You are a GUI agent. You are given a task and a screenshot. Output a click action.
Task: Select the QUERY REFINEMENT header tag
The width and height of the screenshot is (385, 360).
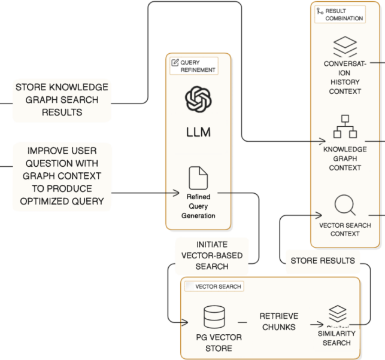tap(193, 65)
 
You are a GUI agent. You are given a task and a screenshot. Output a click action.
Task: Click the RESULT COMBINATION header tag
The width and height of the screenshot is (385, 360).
tap(339, 14)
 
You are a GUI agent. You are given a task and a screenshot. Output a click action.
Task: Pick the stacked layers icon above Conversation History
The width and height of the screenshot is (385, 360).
tap(344, 45)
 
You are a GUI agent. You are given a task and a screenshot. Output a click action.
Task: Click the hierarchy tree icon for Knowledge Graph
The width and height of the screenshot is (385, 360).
tap(344, 126)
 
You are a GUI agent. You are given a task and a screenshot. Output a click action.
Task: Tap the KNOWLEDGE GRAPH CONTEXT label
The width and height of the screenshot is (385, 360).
tap(344, 158)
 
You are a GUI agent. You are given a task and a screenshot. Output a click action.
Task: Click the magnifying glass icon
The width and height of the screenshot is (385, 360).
tap(344, 205)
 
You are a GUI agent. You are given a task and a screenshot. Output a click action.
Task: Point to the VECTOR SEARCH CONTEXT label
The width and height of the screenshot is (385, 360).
tap(344, 230)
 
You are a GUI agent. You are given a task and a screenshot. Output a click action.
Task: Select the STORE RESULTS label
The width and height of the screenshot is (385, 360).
tap(322, 261)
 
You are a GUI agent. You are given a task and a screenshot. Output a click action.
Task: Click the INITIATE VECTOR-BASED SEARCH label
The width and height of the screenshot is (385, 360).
tap(211, 255)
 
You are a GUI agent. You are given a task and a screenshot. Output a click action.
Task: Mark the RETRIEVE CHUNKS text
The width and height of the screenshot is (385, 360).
tap(279, 322)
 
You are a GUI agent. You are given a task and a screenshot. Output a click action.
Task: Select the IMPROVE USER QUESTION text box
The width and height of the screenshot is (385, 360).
tap(62, 175)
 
